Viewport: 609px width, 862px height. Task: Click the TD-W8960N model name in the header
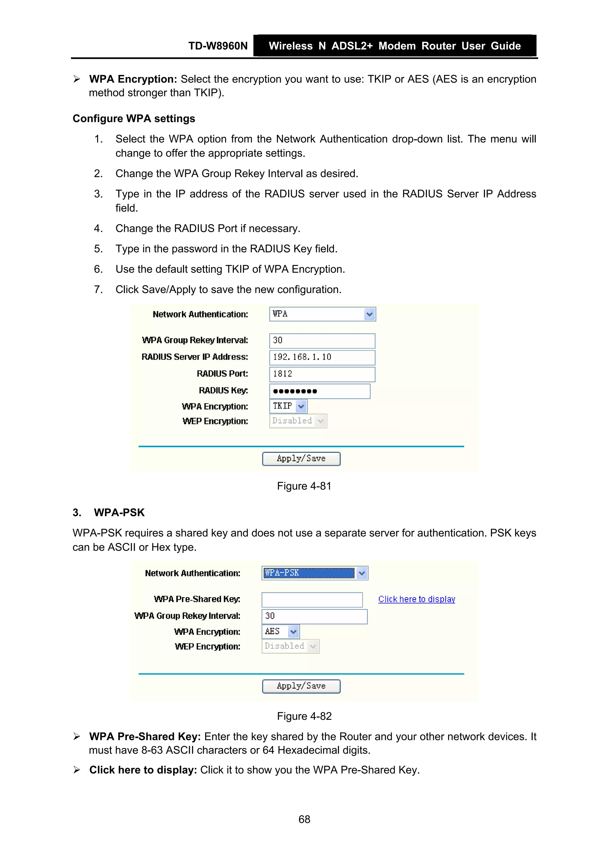pos(218,46)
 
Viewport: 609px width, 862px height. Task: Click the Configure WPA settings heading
pos(134,119)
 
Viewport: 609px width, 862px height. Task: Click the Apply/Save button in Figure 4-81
pos(301,459)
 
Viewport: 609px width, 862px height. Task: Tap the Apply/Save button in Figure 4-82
pos(301,686)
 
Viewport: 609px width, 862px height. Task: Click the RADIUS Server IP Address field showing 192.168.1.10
pos(321,357)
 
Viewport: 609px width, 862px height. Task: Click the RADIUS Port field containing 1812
pos(321,374)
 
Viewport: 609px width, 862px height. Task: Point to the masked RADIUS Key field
pos(319,391)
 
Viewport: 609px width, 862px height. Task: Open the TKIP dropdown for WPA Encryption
pos(301,406)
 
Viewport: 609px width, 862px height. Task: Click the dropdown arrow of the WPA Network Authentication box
pos(369,314)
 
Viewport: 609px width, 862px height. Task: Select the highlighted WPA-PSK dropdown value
pos(308,573)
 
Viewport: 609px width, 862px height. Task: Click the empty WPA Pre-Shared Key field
pos(312,600)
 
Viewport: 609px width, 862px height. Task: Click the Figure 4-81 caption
pos(304,486)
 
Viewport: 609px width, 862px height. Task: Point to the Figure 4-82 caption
pos(304,716)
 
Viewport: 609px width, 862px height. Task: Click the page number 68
pos(304,819)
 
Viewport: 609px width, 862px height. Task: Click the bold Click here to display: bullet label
pos(143,770)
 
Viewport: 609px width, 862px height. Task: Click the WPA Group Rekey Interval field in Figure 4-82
pos(314,616)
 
